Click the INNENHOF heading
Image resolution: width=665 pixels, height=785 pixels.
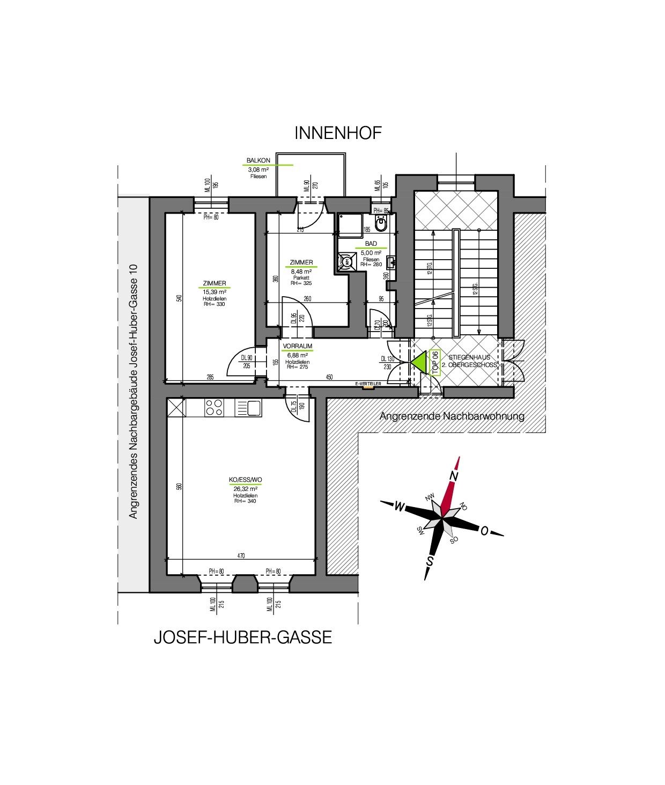(x=338, y=133)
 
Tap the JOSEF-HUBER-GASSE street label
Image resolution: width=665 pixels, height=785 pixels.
(x=242, y=637)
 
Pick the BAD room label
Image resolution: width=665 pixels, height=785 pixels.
(x=371, y=244)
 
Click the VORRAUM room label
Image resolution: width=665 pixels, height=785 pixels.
(x=297, y=347)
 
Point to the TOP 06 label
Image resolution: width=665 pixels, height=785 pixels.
(x=435, y=363)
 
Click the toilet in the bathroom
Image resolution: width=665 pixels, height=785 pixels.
(x=381, y=225)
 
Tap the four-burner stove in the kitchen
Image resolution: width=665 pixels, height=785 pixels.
(x=214, y=408)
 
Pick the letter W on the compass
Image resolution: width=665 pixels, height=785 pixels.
(x=399, y=506)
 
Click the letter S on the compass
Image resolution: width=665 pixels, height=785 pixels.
(x=430, y=561)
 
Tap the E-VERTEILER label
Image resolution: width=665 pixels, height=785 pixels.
(x=368, y=384)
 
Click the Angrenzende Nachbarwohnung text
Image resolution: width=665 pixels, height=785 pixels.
(x=452, y=416)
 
